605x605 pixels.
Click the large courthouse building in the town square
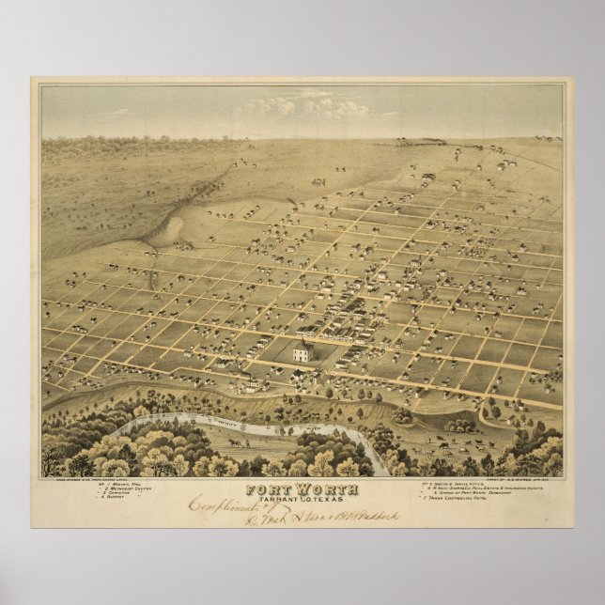tap(302, 353)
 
